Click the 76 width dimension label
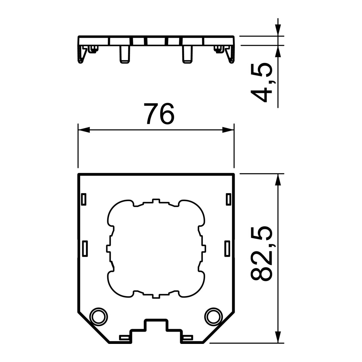[159, 114]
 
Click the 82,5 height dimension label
[262, 253]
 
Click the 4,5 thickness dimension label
[262, 82]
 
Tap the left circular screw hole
[99, 317]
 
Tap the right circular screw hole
[214, 317]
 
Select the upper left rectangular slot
[84, 199]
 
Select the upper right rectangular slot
[228, 199]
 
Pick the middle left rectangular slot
[85, 249]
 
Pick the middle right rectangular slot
[227, 249]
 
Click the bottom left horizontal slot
[125, 338]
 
